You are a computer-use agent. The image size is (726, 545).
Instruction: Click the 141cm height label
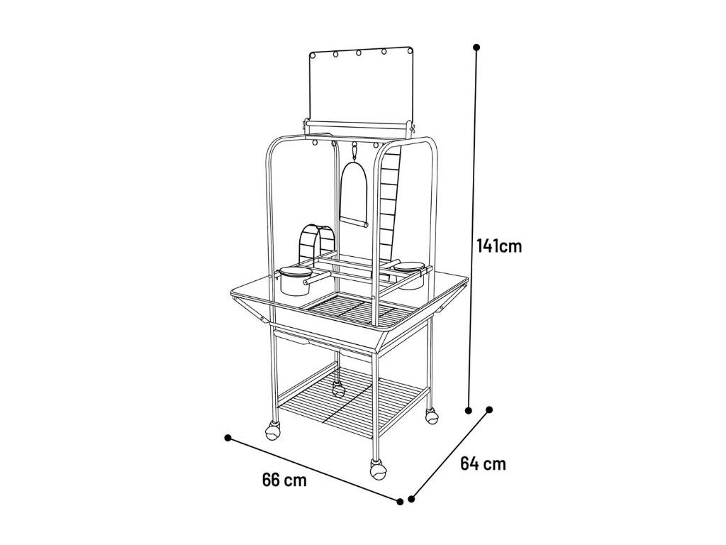[x=499, y=246]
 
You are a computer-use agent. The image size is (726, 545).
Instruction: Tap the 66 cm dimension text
[x=284, y=480]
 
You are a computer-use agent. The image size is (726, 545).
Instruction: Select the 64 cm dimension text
[x=483, y=464]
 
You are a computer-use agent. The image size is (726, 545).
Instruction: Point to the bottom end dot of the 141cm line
[x=468, y=409]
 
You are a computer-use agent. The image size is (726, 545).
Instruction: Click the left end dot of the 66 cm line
[x=228, y=437]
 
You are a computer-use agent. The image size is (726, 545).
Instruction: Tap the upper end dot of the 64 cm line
[x=488, y=409]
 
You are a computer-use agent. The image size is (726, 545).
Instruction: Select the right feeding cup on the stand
[x=408, y=275]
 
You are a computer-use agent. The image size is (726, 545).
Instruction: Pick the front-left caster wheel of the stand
[x=273, y=430]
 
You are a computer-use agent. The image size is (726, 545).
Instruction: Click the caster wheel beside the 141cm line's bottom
[x=431, y=417]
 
